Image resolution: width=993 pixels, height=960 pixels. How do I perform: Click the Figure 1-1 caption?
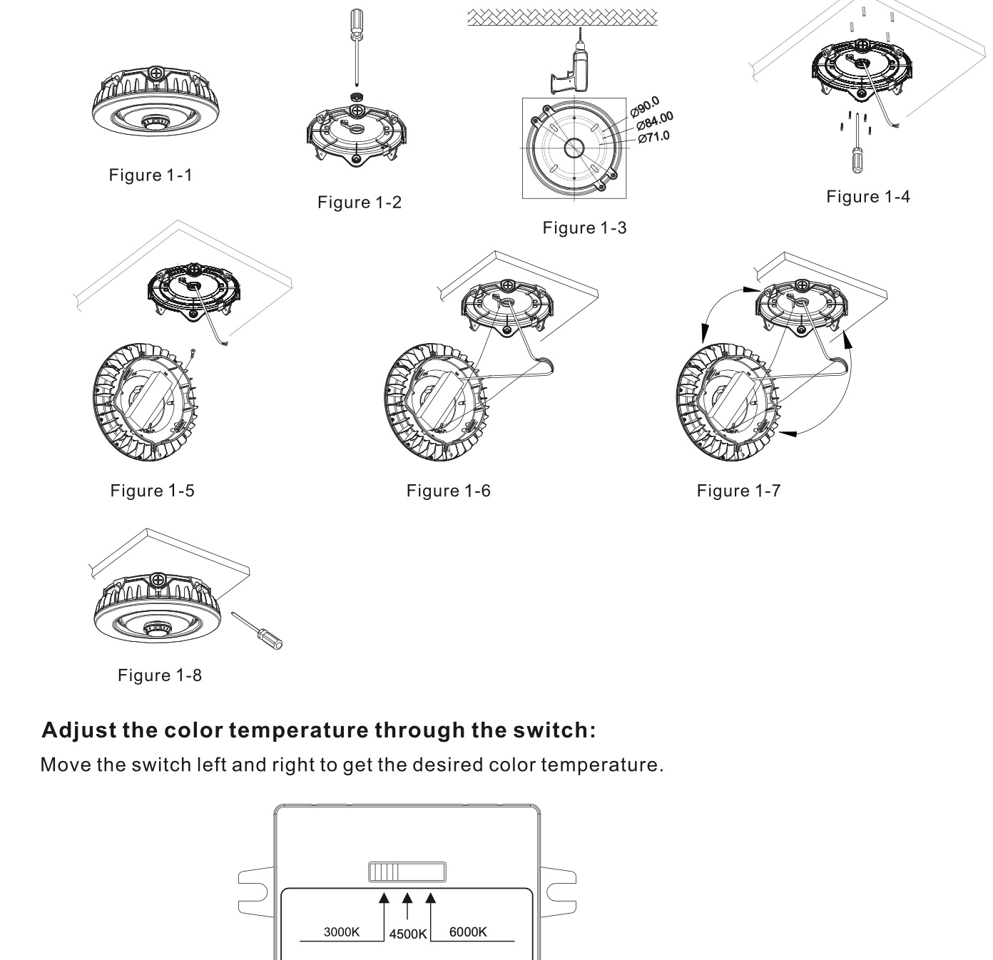(151, 175)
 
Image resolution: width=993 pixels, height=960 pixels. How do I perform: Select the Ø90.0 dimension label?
(646, 106)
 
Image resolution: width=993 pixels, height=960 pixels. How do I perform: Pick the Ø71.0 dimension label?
(654, 136)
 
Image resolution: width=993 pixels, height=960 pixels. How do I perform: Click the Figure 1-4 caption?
(868, 197)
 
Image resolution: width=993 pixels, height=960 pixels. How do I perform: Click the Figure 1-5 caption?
(152, 491)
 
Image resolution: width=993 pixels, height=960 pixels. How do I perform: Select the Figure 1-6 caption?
(449, 491)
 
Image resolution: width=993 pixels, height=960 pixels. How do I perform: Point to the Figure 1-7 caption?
(739, 491)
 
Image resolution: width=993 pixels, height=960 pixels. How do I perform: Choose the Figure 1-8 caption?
(160, 675)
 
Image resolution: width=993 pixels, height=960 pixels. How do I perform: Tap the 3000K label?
(342, 932)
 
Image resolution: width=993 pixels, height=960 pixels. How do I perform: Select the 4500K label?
(407, 934)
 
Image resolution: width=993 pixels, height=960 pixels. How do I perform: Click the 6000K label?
(469, 932)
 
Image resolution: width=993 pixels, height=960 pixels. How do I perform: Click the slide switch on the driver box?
(407, 872)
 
